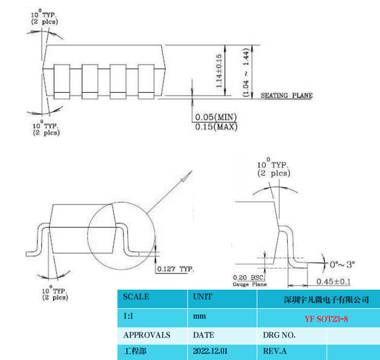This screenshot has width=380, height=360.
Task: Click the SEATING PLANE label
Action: point(286,95)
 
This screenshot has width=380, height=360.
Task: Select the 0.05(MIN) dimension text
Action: point(216,117)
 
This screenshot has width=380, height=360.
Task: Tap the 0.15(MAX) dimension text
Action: point(216,127)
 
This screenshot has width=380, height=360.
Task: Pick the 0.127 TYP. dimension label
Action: point(176,269)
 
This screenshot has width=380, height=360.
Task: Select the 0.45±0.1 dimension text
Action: point(334,282)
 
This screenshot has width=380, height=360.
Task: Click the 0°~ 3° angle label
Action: point(343,264)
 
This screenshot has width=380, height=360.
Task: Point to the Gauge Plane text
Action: point(249,284)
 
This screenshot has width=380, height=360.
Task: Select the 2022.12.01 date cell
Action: point(210,351)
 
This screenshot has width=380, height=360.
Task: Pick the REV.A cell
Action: point(275,351)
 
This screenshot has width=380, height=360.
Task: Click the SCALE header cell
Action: point(136,297)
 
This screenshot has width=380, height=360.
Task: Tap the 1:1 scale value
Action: point(128,316)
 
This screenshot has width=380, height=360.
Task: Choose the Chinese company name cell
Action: point(326,299)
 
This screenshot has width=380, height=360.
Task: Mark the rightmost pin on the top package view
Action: point(146,81)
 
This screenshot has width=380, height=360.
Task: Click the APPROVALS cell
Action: point(147,335)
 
